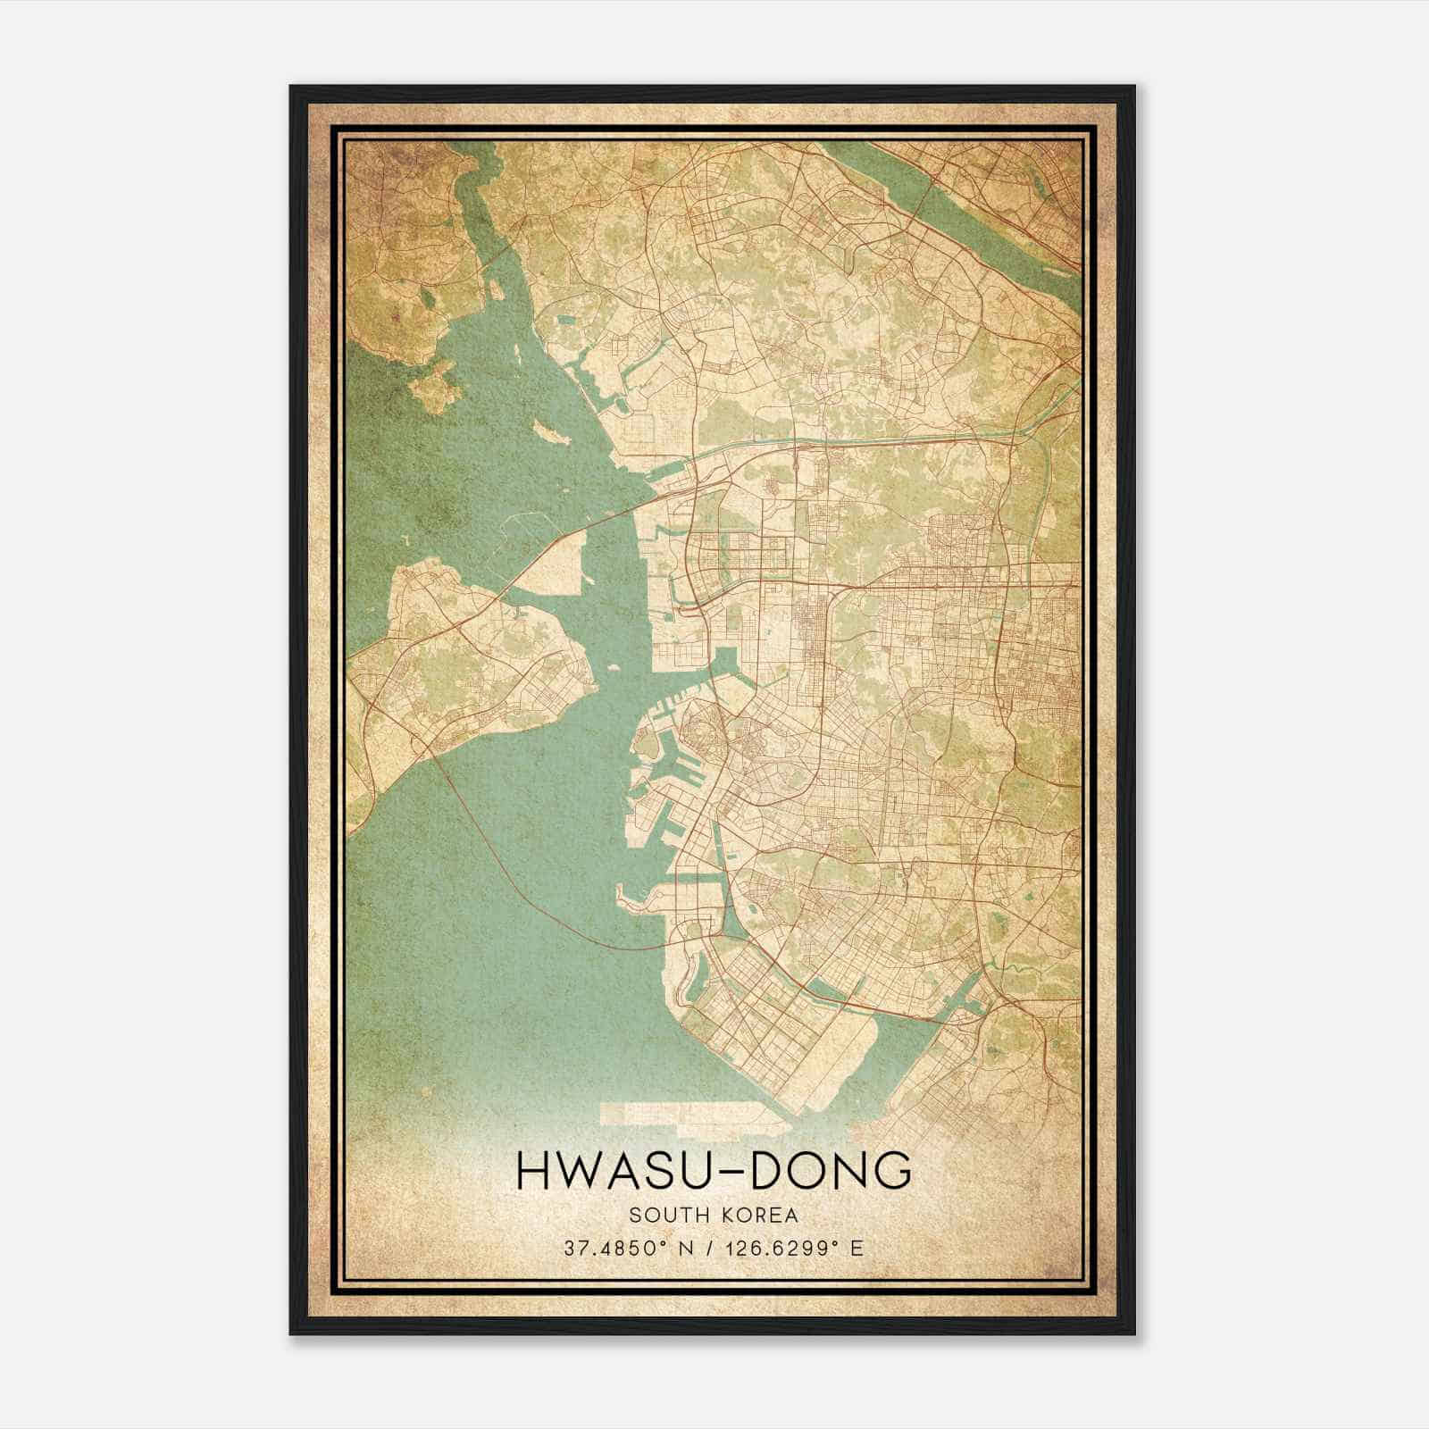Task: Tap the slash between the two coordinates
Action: click(x=709, y=1248)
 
